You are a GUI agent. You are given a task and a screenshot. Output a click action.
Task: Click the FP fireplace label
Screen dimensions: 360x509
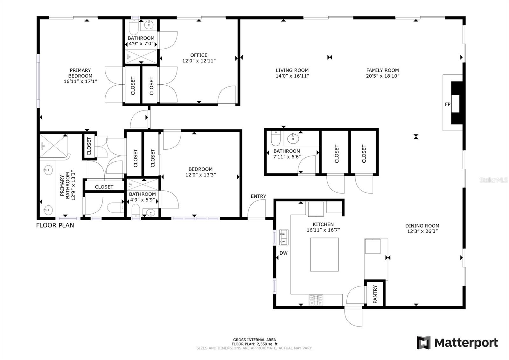pos(447,104)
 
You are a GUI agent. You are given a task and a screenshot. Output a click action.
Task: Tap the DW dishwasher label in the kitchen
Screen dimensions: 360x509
pos(283,253)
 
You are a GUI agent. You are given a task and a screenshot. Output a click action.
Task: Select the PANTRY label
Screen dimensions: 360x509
pos(375,294)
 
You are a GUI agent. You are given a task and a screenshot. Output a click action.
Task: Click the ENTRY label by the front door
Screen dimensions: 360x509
pos(258,196)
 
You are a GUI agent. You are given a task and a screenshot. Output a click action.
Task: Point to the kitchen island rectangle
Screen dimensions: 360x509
pos(324,254)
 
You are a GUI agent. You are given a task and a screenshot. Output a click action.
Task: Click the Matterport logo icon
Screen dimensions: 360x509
pos(423,343)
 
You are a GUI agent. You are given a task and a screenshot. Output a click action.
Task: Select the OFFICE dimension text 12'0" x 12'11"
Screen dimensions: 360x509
pos(199,61)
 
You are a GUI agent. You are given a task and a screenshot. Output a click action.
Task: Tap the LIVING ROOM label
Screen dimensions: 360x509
pos(292,70)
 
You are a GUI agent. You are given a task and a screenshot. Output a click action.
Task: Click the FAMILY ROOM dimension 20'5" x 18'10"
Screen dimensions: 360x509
pos(382,76)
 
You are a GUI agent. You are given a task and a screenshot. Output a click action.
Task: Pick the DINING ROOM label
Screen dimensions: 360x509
pos(422,226)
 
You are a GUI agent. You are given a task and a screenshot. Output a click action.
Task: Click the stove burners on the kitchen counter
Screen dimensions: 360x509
pos(316,300)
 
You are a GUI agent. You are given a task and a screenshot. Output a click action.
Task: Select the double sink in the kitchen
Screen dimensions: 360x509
pos(283,238)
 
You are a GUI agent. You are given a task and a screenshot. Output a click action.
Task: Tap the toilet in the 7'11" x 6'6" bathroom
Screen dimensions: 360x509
pos(275,139)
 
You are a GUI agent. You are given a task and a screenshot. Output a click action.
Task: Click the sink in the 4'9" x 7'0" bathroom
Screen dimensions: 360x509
pos(148,24)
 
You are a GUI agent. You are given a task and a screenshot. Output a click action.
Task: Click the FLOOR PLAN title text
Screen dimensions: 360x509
pos(55,225)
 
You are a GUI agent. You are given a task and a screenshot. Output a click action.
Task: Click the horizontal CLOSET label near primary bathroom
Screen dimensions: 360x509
pos(104,187)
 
